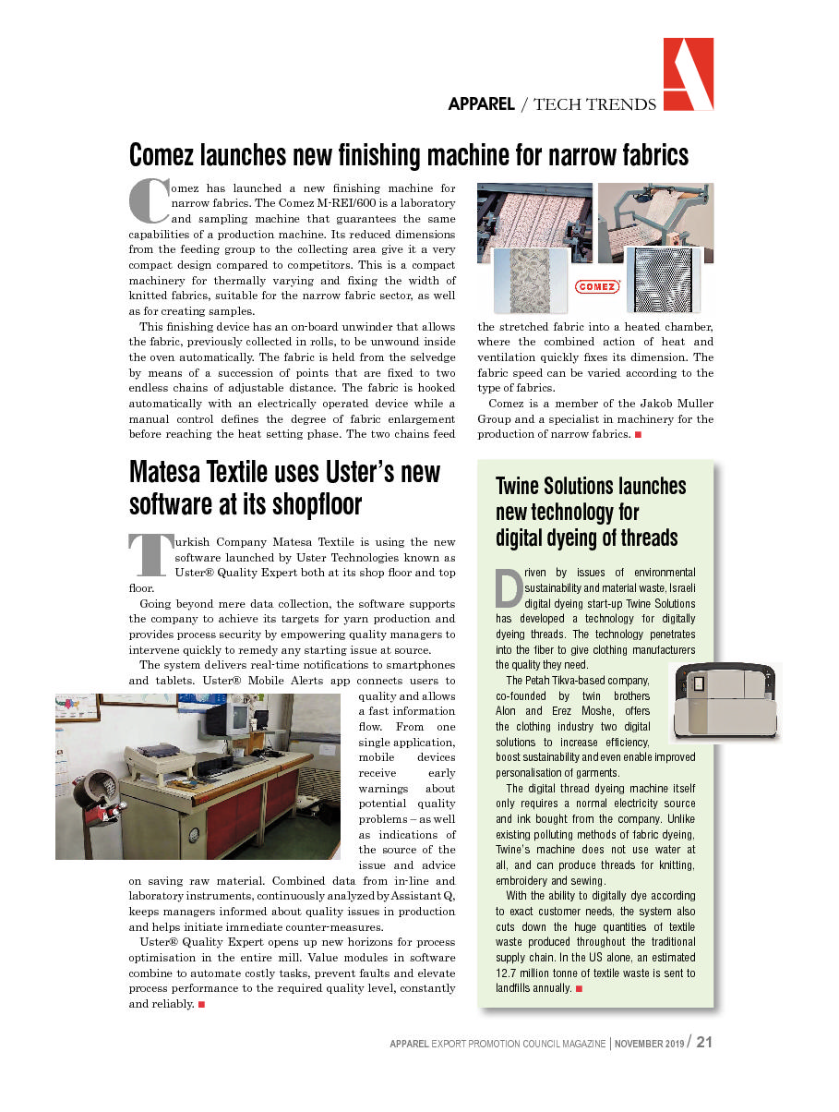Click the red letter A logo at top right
pyautogui.click(x=688, y=74)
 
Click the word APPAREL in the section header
pyautogui.click(x=481, y=104)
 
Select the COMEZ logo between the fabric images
pyautogui.click(x=597, y=286)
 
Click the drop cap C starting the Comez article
pyautogui.click(x=147, y=200)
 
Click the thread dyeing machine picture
pyautogui.click(x=726, y=701)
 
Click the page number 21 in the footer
pyautogui.click(x=704, y=1042)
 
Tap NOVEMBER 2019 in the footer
pyautogui.click(x=650, y=1043)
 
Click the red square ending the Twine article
pyautogui.click(x=579, y=989)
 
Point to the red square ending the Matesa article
pyautogui.click(x=201, y=1004)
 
